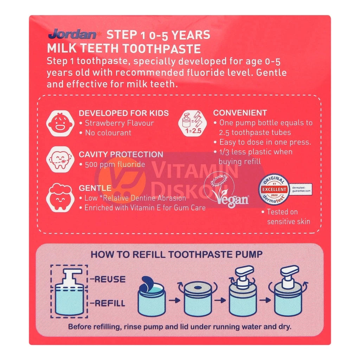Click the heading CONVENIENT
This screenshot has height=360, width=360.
[x=240, y=113]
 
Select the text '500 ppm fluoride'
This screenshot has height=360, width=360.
[x=115, y=165]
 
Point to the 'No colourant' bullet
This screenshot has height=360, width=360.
[x=108, y=133]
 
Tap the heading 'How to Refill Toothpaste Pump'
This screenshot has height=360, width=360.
[x=176, y=254]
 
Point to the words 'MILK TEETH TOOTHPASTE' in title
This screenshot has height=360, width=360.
[x=124, y=49]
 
